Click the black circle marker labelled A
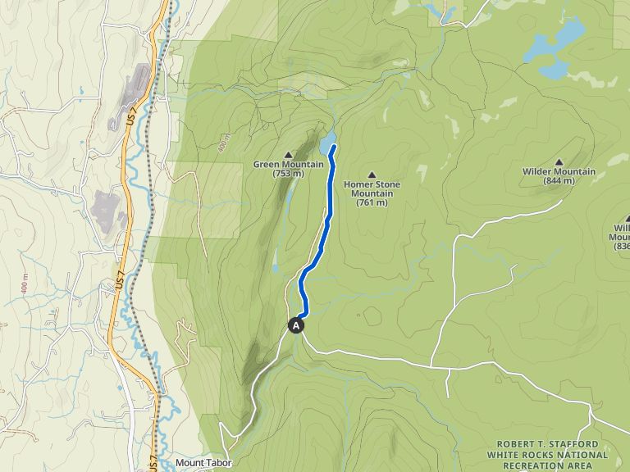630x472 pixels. pos(296,325)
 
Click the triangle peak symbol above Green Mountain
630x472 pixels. pos(288,154)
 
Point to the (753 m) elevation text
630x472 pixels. pos(288,175)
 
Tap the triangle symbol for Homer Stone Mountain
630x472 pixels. pos(372,174)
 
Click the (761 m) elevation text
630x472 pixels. pos(372,203)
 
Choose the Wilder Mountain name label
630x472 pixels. pos(559,171)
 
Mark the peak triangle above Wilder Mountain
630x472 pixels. pos(559,161)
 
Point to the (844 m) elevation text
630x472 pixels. pos(559,181)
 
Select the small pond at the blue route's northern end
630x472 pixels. pos(327,144)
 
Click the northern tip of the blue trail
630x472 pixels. pos(333,146)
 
